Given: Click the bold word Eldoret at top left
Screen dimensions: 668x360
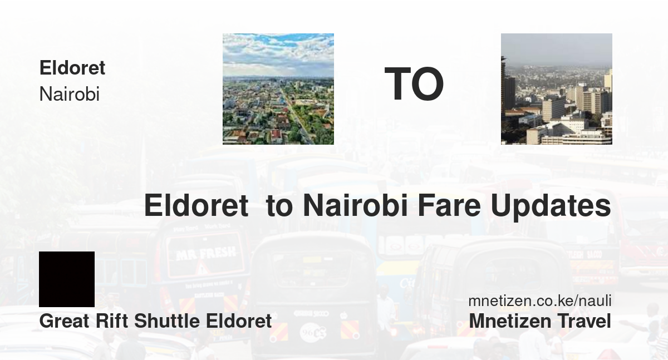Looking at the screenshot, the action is [x=72, y=68].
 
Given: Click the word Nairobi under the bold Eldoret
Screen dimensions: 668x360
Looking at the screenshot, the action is [x=69, y=94].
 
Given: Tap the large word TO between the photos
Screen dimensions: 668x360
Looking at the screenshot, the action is [x=414, y=84].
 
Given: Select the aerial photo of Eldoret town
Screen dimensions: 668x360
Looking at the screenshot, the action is [x=278, y=89].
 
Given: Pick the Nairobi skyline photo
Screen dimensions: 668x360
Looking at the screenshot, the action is [x=557, y=89].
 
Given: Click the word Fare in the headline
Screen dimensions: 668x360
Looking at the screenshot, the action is [x=449, y=206].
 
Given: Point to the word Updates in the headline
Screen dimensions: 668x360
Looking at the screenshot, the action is [x=551, y=207].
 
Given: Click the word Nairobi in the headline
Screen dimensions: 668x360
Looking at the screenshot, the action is [x=355, y=206].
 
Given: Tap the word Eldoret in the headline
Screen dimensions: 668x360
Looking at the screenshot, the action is [x=196, y=206].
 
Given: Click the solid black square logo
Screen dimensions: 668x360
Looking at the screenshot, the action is [x=67, y=279].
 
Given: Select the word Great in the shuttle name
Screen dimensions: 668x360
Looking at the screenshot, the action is [x=64, y=321].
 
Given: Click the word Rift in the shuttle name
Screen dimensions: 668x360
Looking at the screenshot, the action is [x=112, y=321].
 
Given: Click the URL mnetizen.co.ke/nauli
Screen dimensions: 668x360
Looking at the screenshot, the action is [x=540, y=300].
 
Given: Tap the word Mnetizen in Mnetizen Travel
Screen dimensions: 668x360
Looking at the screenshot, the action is [x=510, y=321].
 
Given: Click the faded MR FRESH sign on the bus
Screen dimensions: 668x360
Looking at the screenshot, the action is [x=207, y=254].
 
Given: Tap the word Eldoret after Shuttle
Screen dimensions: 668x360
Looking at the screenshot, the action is [x=239, y=321].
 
